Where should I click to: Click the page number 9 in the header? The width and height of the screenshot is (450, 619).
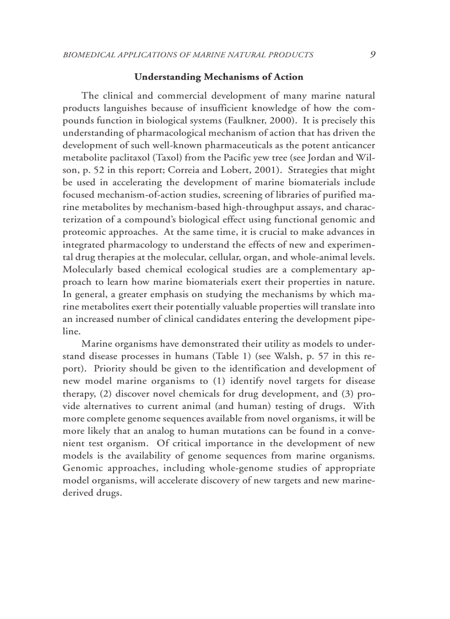(373, 54)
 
